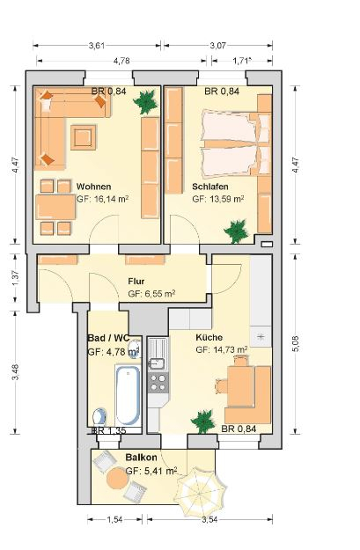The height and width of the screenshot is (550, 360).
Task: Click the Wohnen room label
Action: point(93,187)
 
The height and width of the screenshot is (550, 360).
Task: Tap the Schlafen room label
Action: point(209,187)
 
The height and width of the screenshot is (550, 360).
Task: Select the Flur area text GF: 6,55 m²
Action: point(151,294)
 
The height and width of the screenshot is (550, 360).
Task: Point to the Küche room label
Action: point(209,337)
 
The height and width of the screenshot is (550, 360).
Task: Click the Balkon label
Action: point(141,458)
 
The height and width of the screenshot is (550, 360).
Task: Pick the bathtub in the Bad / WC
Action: point(128,395)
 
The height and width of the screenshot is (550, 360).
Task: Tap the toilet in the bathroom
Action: point(100,417)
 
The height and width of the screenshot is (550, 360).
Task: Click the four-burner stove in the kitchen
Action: point(158,383)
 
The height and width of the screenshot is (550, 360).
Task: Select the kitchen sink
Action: point(158,354)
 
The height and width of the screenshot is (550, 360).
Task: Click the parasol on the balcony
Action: point(201,489)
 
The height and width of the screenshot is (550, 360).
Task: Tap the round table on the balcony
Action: point(117,478)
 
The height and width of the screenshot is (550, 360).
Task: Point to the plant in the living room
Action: point(145,102)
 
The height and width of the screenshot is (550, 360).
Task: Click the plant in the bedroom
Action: point(237,231)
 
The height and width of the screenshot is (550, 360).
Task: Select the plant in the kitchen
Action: point(202,422)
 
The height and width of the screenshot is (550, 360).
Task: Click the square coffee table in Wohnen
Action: point(84,137)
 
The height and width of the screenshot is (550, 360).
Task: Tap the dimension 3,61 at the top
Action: point(97,46)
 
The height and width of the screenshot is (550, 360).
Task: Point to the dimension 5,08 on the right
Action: point(296,343)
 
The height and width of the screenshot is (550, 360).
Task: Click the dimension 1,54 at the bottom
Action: point(114,520)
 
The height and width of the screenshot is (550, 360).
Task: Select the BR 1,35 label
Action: point(108,430)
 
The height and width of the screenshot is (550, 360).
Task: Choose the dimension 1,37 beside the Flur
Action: point(16,277)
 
